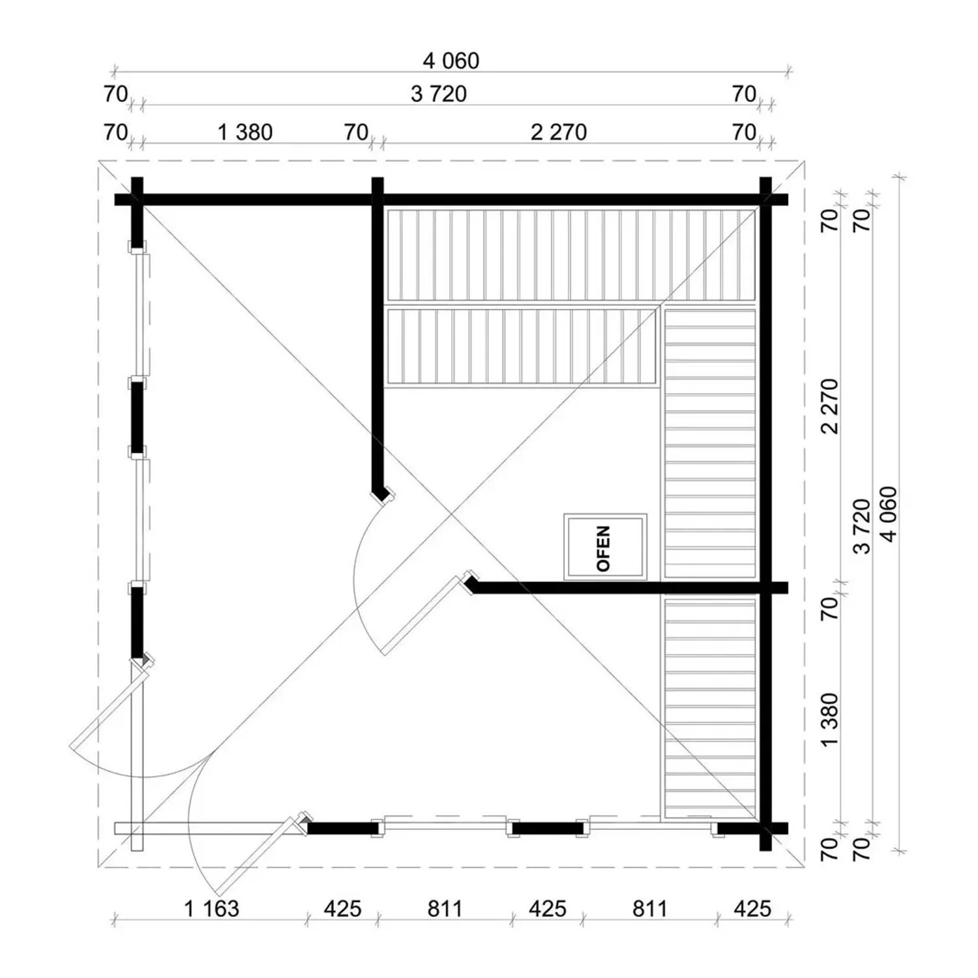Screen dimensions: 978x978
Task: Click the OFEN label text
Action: [604, 548]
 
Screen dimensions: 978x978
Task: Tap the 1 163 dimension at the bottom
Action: [212, 908]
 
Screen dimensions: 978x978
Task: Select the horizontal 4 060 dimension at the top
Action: [451, 61]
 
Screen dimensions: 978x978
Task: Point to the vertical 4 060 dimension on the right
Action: [888, 514]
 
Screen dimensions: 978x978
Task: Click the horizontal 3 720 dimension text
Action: [439, 94]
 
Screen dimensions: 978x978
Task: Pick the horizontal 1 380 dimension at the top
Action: [244, 132]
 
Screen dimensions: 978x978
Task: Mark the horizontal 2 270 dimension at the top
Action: [559, 132]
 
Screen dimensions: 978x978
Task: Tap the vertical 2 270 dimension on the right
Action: [829, 406]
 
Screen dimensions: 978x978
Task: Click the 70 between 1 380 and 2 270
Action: [356, 132]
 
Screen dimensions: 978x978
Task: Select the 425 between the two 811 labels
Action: [547, 908]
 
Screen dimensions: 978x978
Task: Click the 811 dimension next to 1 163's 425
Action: [445, 908]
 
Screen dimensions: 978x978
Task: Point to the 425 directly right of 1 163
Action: [342, 908]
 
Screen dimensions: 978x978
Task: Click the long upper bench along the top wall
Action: [571, 255]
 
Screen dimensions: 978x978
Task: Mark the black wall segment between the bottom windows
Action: [547, 829]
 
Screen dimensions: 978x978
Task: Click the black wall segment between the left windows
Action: [137, 417]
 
